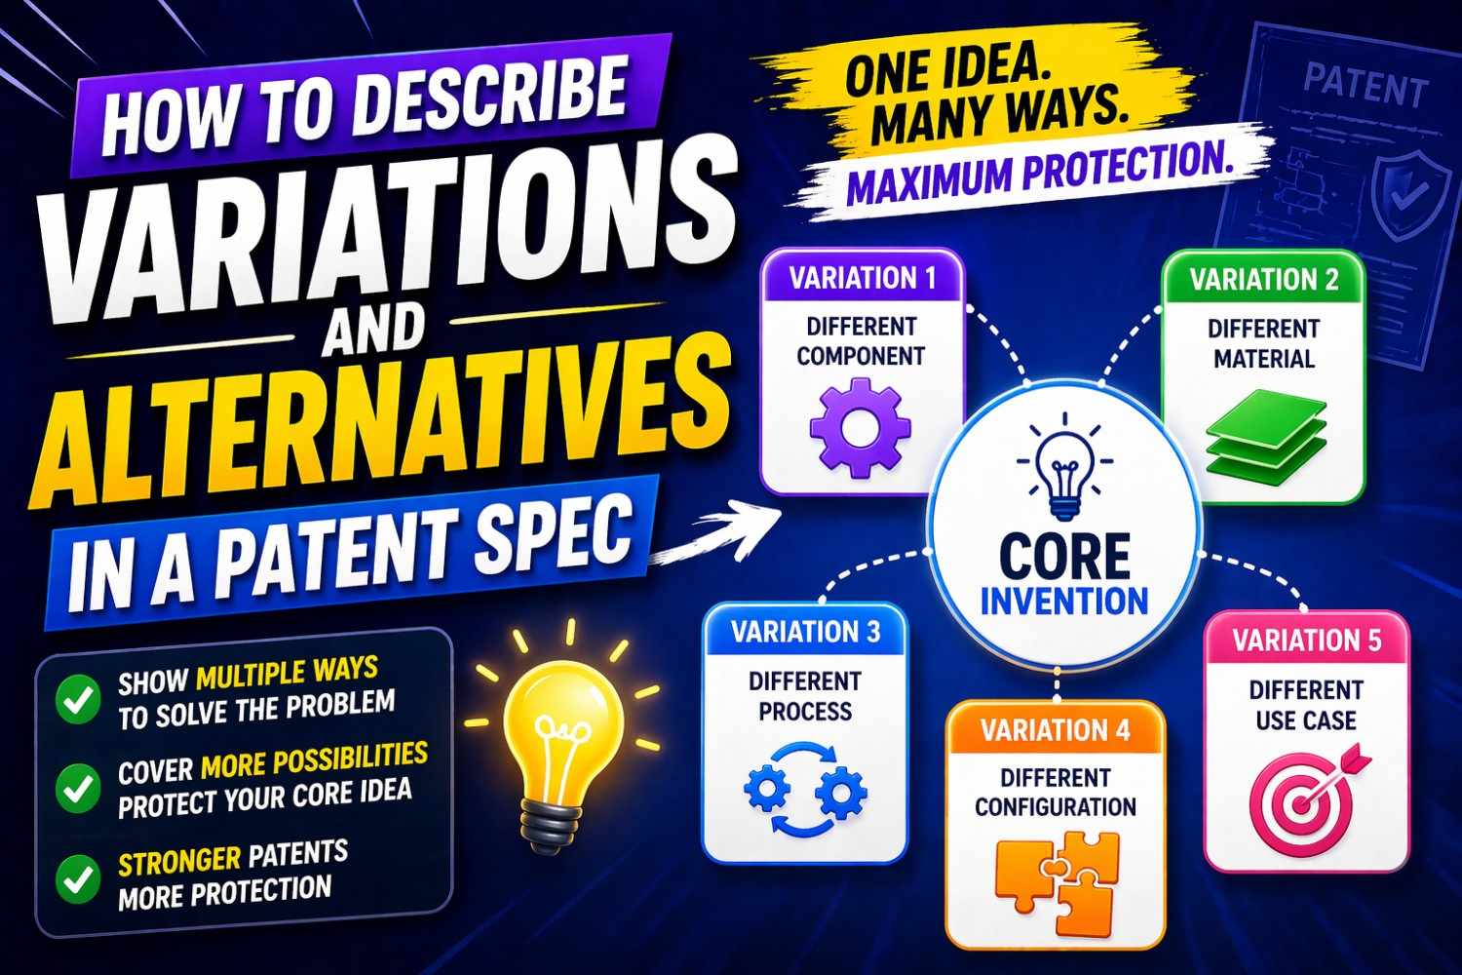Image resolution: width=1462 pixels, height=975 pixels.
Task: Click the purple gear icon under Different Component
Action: pos(861,429)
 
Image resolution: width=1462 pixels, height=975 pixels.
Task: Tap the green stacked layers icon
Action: pos(1265,437)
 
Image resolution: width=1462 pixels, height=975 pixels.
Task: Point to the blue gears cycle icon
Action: pos(805,791)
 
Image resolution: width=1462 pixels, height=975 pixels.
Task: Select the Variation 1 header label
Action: pos(863,278)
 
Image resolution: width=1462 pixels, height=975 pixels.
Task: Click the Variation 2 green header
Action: pos(1264,280)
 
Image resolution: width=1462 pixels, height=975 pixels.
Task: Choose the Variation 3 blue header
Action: pos(805,632)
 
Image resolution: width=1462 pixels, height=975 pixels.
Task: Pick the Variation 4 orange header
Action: pos(1056,730)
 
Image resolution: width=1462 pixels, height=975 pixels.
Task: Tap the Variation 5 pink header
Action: pos(1306,641)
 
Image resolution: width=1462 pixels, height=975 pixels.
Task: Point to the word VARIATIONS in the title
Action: pos(390,220)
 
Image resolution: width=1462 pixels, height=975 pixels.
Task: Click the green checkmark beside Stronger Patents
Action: pos(77,877)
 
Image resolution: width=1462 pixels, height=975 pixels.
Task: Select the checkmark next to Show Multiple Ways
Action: pos(77,698)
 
